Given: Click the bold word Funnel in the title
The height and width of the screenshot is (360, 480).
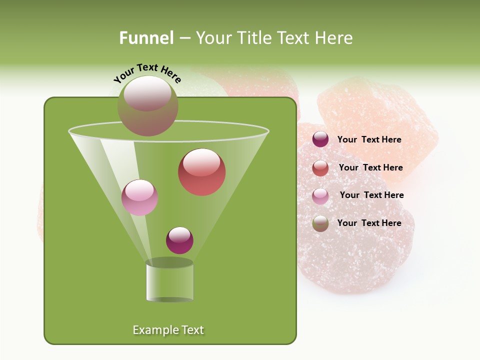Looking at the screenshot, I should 146,38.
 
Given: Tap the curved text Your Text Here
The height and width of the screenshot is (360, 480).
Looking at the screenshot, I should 147,73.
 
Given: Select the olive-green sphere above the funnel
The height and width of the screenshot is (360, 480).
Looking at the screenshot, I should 148,106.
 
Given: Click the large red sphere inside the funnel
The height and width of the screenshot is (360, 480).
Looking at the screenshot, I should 202,172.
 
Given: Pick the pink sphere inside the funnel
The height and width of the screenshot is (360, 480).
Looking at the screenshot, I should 140,197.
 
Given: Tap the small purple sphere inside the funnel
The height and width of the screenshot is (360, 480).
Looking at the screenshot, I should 179,240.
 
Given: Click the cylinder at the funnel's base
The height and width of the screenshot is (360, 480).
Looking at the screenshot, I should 170,281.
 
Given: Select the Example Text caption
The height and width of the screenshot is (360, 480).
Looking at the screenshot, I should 168,330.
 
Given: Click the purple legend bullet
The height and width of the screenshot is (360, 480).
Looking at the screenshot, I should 320,139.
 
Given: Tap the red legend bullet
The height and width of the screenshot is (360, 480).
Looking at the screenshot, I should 320,168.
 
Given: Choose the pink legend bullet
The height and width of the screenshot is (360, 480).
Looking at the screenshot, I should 320,195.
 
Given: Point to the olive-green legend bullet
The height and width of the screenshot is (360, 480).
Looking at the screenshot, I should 320,223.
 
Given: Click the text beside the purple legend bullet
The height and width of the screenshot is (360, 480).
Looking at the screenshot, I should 369,140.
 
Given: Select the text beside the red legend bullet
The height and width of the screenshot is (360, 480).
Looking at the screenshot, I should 370,168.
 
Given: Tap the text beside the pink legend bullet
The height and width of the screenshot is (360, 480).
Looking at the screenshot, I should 371,195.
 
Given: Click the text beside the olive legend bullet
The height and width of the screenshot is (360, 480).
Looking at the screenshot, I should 369,223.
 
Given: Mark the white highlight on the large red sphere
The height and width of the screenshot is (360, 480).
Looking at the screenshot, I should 202,162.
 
